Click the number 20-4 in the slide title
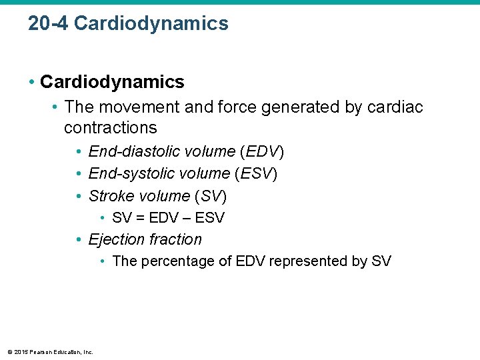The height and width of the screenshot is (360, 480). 48,23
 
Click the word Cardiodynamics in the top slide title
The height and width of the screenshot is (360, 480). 151,23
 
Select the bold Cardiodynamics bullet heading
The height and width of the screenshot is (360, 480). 112,82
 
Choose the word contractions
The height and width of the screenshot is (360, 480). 110,127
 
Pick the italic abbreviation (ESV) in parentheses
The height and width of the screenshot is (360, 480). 256,174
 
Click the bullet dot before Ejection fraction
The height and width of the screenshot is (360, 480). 79,239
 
